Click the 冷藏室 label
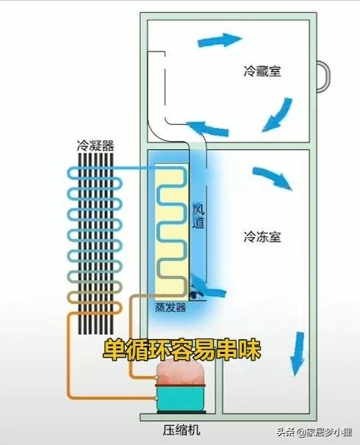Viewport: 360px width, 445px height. (x=262, y=72)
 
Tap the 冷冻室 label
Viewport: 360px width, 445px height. (x=262, y=237)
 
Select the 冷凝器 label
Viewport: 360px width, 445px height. (x=96, y=145)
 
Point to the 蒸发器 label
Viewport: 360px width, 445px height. (x=170, y=308)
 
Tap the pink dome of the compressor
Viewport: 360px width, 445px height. (x=181, y=375)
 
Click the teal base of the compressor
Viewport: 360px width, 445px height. (x=181, y=399)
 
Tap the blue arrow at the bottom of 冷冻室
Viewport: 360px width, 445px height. (x=299, y=352)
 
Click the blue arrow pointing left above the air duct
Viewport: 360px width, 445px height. (x=208, y=129)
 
